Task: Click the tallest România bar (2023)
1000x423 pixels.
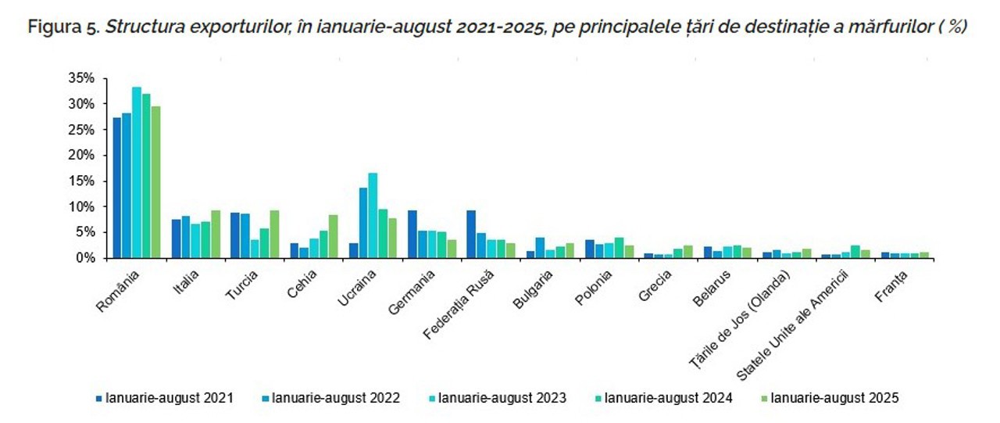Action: pos(137,172)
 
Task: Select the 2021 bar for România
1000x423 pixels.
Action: pos(117,188)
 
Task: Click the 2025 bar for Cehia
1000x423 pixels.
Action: pos(333,236)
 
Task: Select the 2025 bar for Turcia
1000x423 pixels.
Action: pos(274,234)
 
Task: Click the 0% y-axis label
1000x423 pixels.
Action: pos(85,257)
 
